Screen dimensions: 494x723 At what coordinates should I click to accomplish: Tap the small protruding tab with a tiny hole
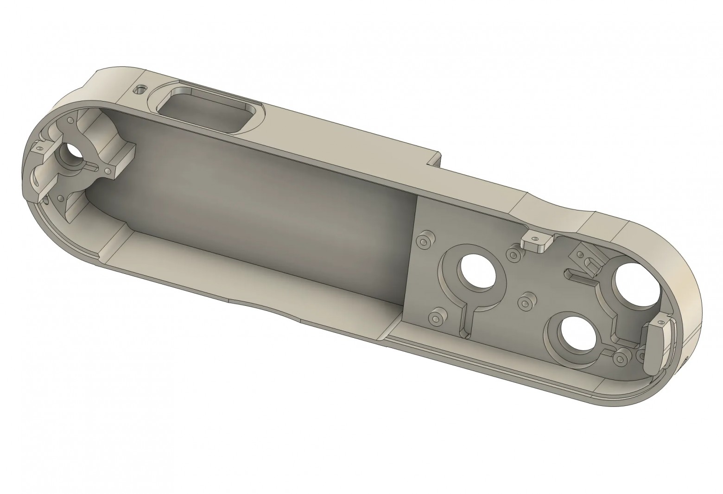(536, 241)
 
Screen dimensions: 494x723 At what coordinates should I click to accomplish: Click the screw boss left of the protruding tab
(513, 253)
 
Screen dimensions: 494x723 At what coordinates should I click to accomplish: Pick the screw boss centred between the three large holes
(525, 303)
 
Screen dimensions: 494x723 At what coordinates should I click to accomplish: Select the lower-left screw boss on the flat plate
(436, 318)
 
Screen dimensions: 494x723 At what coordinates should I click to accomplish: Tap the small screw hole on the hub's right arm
(108, 172)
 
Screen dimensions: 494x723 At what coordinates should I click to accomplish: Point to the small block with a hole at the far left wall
(39, 149)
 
